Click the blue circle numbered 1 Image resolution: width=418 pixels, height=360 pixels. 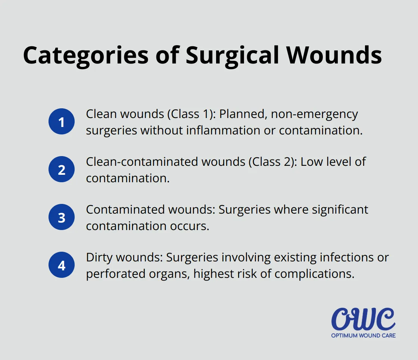click(x=62, y=121)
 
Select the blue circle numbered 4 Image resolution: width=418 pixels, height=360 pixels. click(x=62, y=265)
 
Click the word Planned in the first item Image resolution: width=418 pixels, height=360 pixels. click(x=243, y=114)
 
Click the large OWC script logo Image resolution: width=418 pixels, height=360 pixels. click(x=363, y=319)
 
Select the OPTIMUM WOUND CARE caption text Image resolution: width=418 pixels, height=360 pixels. click(x=363, y=335)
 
